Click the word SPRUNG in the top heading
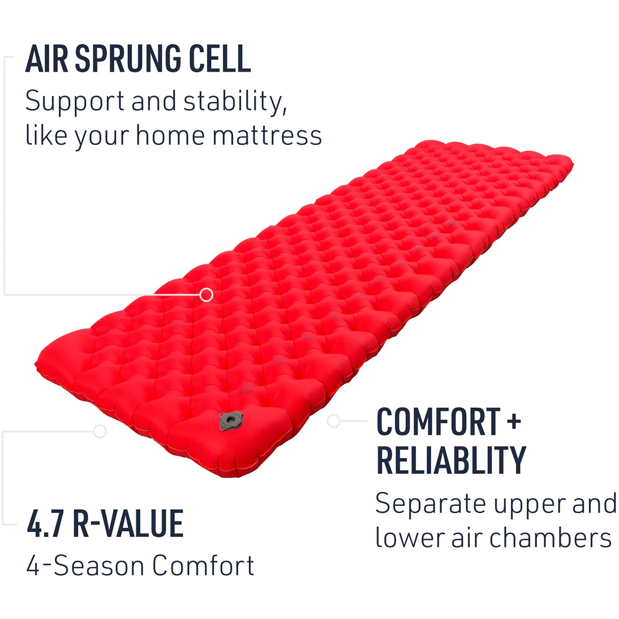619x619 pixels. click(128, 59)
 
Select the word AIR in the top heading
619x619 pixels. click(47, 59)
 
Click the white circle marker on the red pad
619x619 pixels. click(206, 295)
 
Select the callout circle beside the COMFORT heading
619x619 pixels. click(333, 421)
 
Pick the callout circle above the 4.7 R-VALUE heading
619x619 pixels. click(100, 431)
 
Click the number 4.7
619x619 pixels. click(45, 524)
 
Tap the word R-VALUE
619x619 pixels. click(128, 524)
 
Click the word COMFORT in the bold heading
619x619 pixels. click(438, 421)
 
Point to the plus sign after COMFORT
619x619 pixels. click(514, 422)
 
